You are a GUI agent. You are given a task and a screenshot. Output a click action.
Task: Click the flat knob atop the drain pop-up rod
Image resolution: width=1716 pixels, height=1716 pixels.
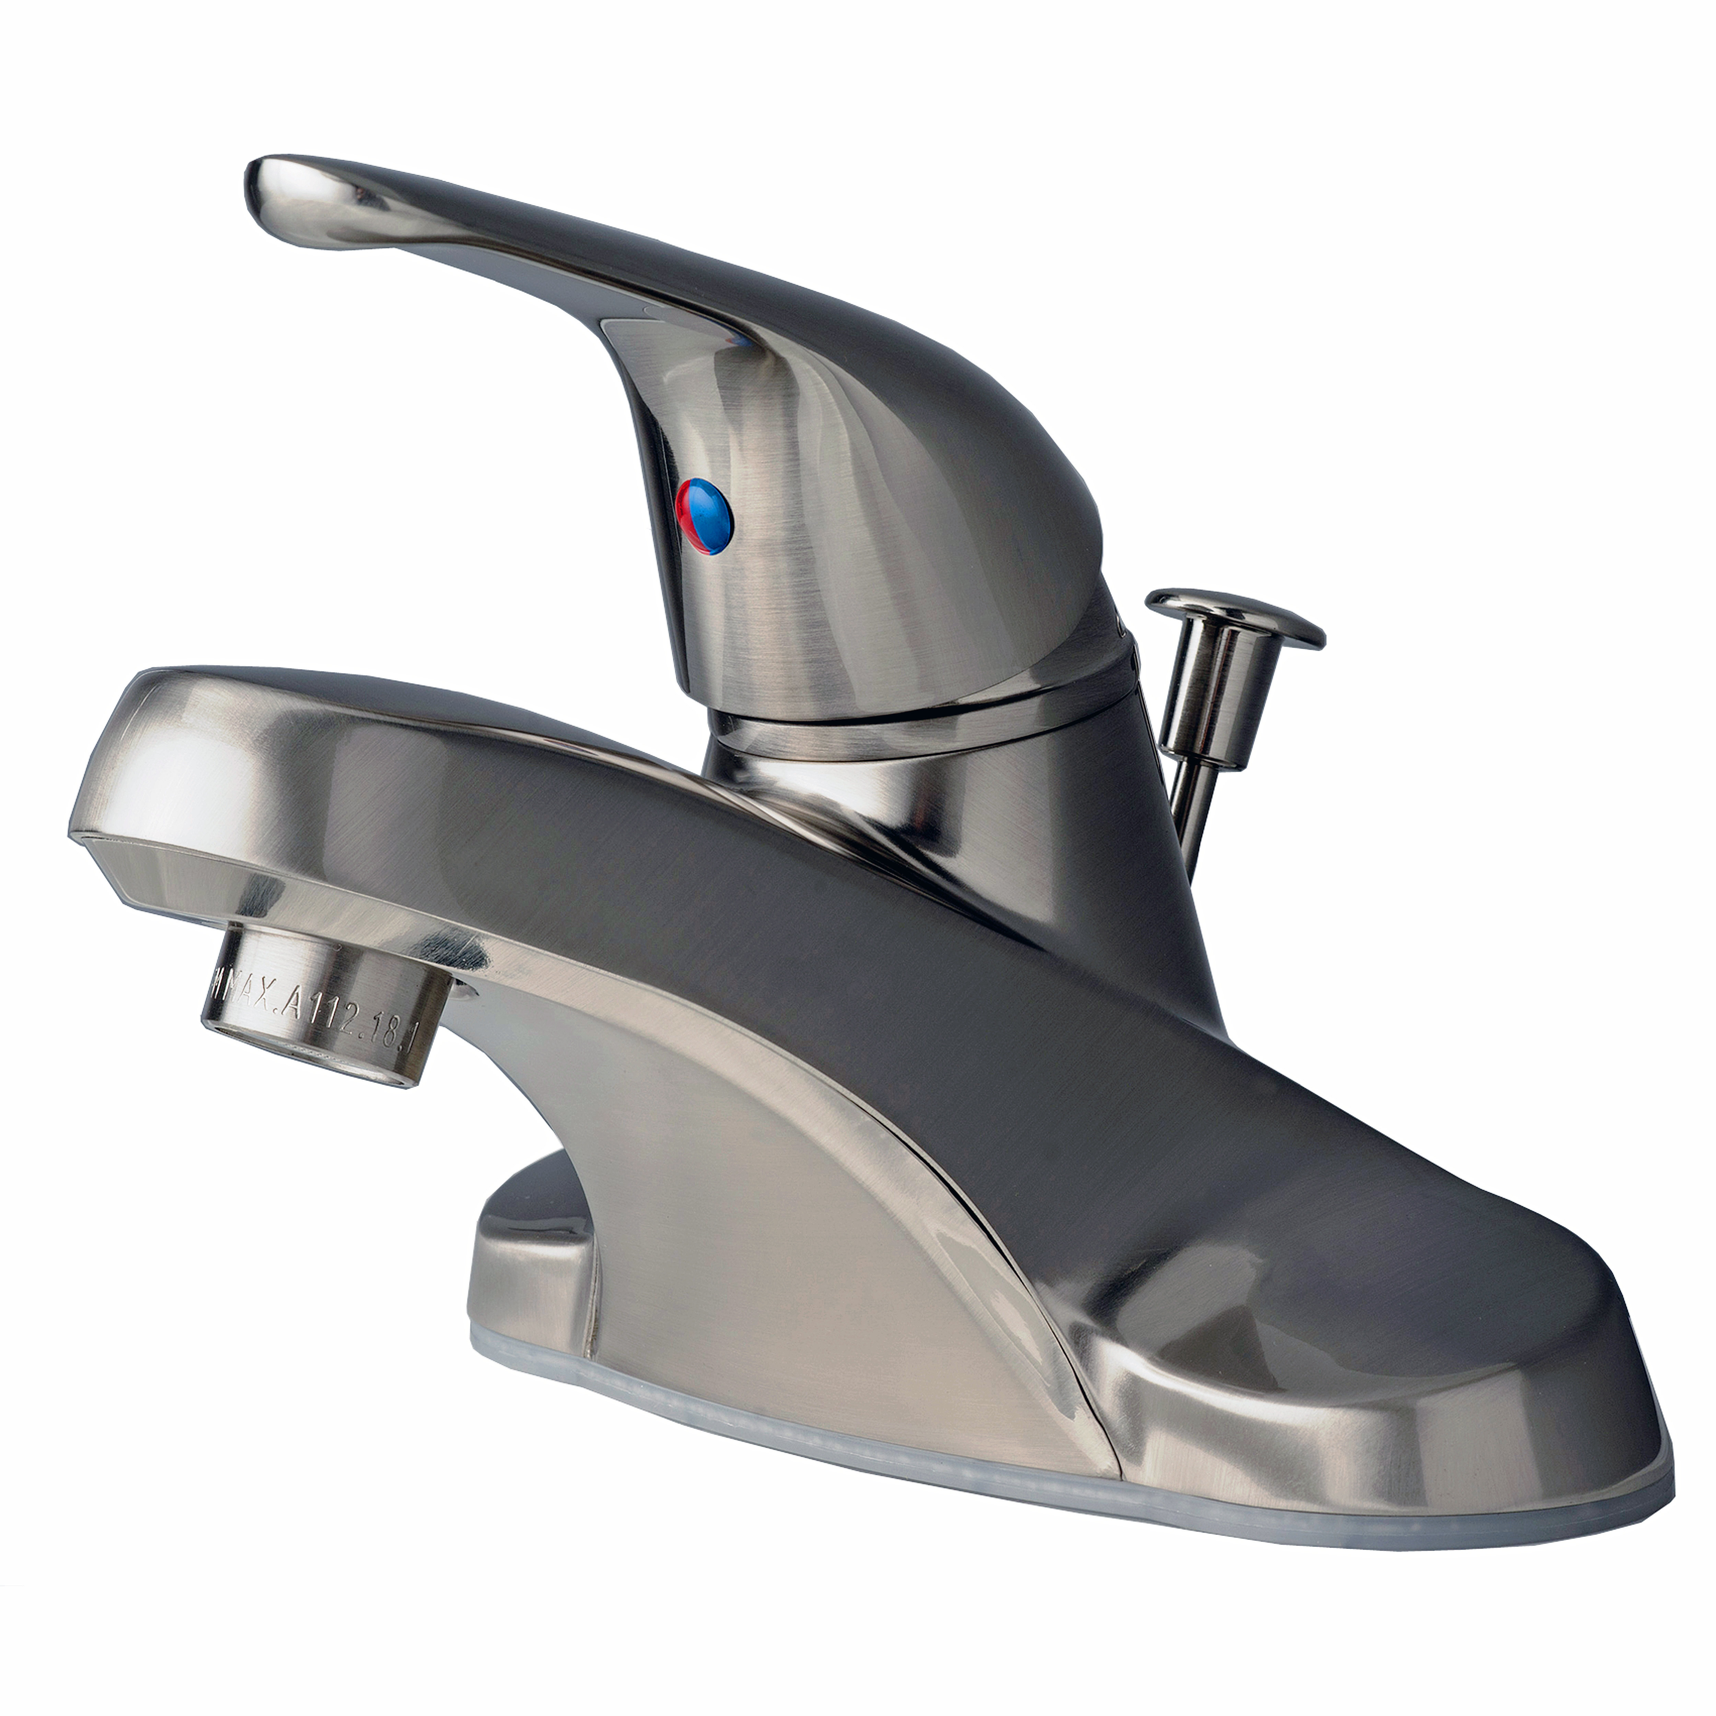[1234, 616]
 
